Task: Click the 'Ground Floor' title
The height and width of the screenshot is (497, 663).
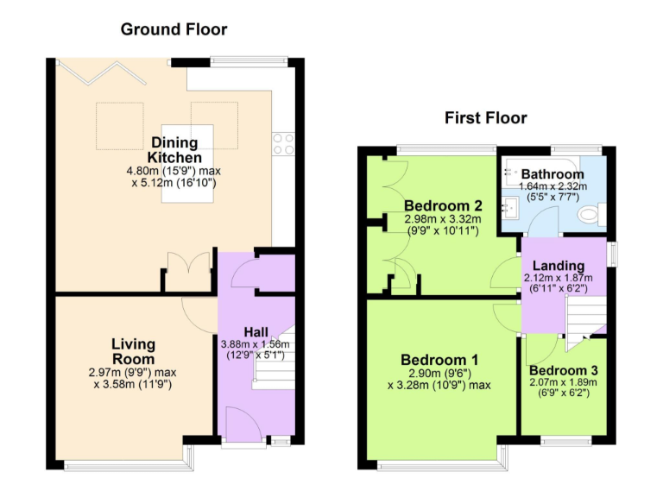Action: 174,29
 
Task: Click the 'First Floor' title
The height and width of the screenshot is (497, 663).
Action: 485,118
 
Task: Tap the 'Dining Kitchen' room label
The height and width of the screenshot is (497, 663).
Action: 174,149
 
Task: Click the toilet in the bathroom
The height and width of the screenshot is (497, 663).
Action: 591,213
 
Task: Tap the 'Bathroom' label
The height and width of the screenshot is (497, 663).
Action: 552,174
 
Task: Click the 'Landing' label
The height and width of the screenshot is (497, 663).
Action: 559,265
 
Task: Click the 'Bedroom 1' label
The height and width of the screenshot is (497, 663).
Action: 439,359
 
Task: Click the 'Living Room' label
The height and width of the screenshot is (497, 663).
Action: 133,351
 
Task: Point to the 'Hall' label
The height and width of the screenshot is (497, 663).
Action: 256,330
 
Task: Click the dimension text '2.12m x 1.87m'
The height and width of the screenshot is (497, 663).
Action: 559,278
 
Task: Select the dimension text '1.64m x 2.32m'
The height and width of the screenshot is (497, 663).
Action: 552,186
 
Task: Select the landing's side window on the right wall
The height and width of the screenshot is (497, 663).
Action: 612,253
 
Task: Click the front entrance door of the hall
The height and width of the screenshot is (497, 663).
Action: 239,423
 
